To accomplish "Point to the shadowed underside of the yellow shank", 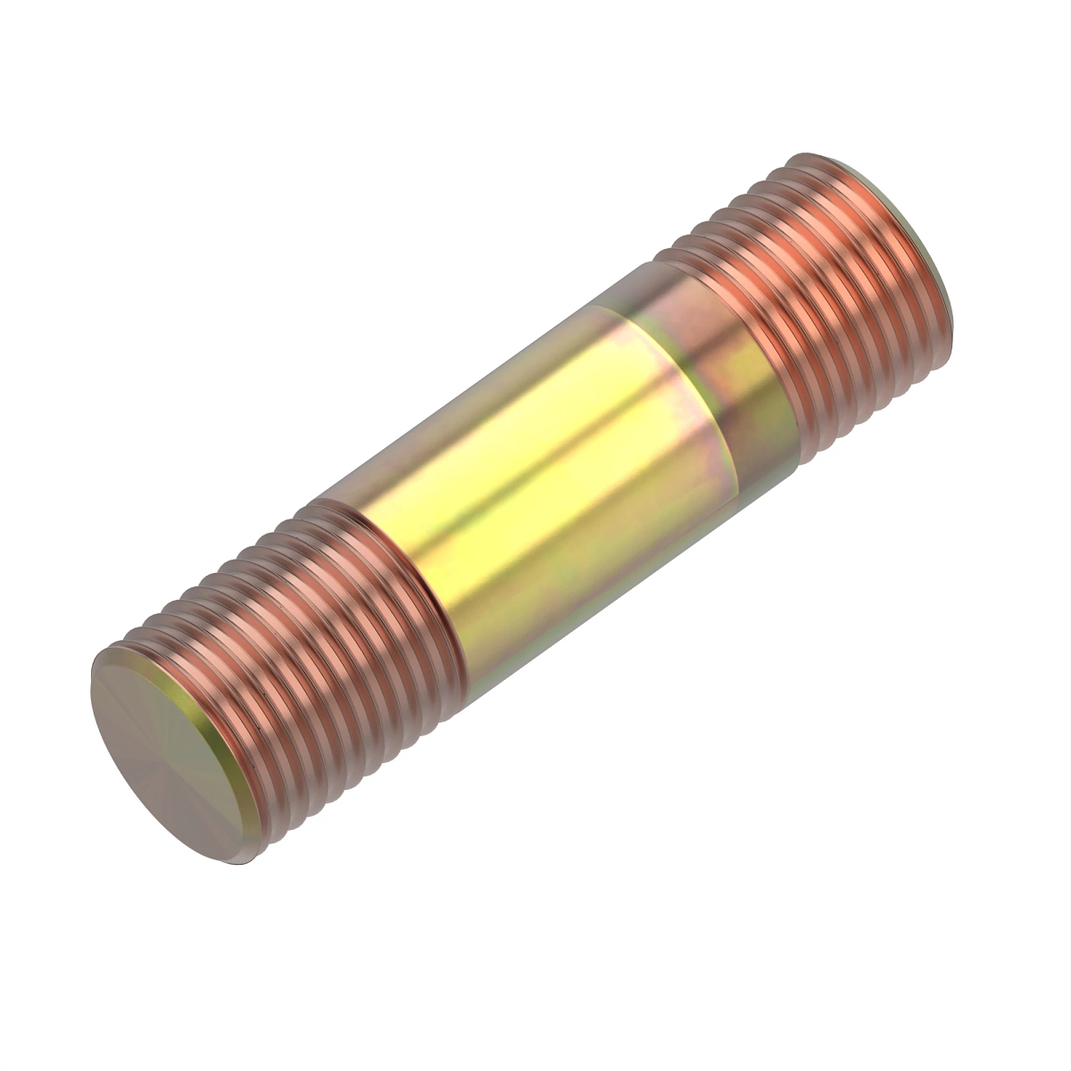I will tap(589, 607).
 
